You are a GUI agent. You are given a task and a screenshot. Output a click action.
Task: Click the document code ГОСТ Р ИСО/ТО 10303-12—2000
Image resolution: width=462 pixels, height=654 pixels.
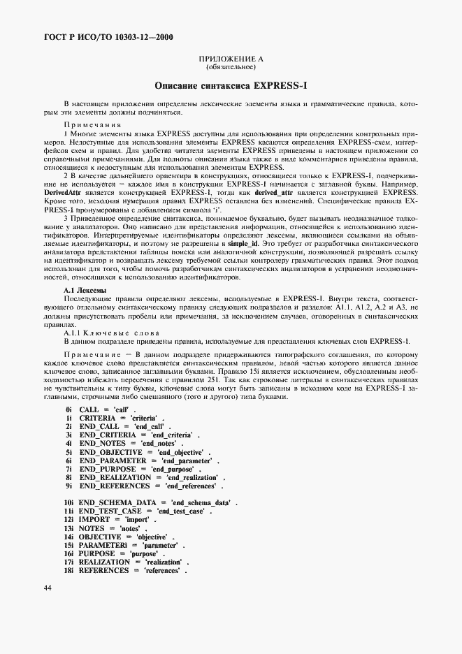99,37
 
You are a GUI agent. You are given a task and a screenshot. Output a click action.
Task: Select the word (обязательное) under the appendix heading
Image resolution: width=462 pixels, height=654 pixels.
231,68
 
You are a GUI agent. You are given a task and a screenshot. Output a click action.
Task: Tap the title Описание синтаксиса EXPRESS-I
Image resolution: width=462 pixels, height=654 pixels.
231,85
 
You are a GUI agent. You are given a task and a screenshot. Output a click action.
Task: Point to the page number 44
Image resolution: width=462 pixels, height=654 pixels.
48,588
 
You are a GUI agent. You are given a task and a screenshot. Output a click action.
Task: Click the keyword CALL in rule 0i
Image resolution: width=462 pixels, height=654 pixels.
89,409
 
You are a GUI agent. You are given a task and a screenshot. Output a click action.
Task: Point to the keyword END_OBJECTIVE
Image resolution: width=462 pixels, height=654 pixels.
110,452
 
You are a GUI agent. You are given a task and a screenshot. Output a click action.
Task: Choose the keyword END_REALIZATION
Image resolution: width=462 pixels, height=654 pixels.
115,477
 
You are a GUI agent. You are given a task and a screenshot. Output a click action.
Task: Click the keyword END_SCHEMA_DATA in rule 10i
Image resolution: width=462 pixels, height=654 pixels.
115,503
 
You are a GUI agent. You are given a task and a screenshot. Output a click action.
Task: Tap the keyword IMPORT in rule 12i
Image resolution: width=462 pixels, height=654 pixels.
94,520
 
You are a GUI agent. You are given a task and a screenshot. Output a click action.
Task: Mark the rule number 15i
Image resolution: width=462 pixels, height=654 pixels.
68,545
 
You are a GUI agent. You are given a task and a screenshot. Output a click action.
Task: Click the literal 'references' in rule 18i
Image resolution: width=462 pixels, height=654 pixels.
161,571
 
